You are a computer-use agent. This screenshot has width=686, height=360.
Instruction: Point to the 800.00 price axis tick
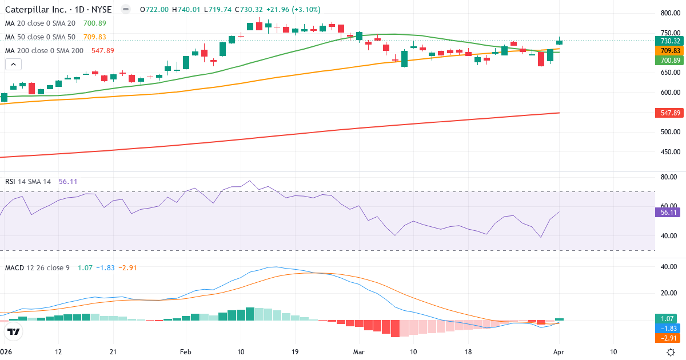tap(670, 13)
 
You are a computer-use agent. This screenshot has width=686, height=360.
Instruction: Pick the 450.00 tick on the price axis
tap(670, 152)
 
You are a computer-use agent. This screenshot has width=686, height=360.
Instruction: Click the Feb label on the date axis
tap(186, 351)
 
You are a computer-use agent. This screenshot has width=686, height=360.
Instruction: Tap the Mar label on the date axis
tap(358, 351)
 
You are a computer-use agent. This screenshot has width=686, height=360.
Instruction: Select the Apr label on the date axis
tap(559, 351)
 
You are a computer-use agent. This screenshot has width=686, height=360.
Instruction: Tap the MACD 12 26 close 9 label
tap(37, 267)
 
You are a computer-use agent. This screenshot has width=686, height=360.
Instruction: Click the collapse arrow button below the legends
tap(13, 65)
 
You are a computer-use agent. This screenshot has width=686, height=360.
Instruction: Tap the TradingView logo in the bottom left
tap(14, 331)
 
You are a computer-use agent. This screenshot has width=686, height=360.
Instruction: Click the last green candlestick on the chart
tap(559, 42)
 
